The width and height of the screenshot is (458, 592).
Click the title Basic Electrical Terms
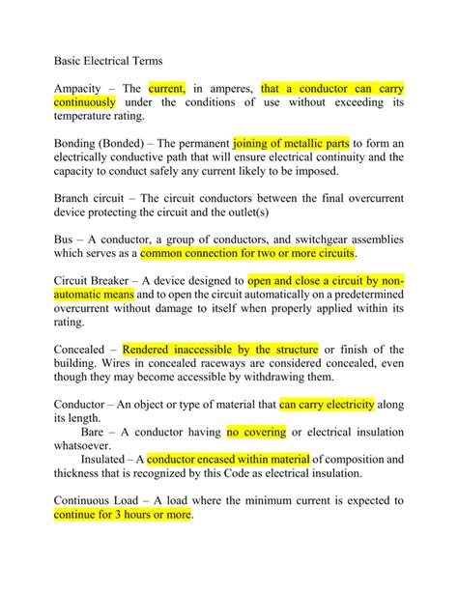point(109,58)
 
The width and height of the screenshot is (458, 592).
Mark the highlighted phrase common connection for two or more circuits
point(248,254)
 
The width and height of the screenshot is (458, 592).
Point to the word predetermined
point(360,296)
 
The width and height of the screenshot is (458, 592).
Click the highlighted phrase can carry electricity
point(327,406)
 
